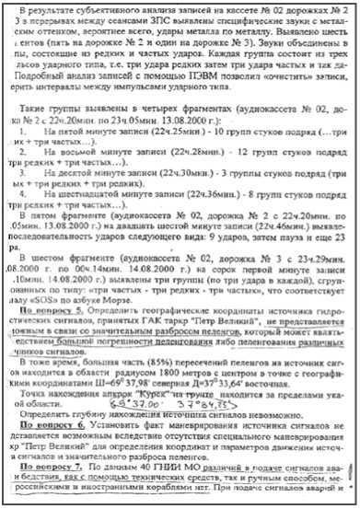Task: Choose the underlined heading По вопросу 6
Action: (54, 454)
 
